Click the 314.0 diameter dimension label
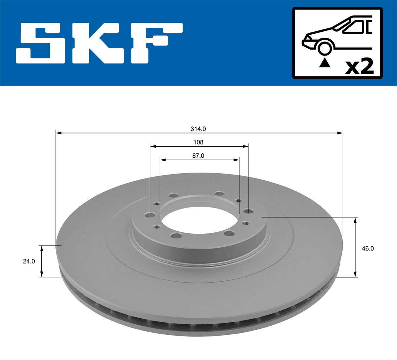coord(198,129)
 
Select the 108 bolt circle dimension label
coord(198,142)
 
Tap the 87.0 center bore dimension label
coord(198,156)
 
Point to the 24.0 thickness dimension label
coord(29,261)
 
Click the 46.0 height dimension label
coord(368,249)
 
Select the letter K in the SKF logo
coord(99,43)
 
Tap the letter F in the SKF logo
coord(155,43)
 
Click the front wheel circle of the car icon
coord(325,48)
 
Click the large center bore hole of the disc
coord(199,221)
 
